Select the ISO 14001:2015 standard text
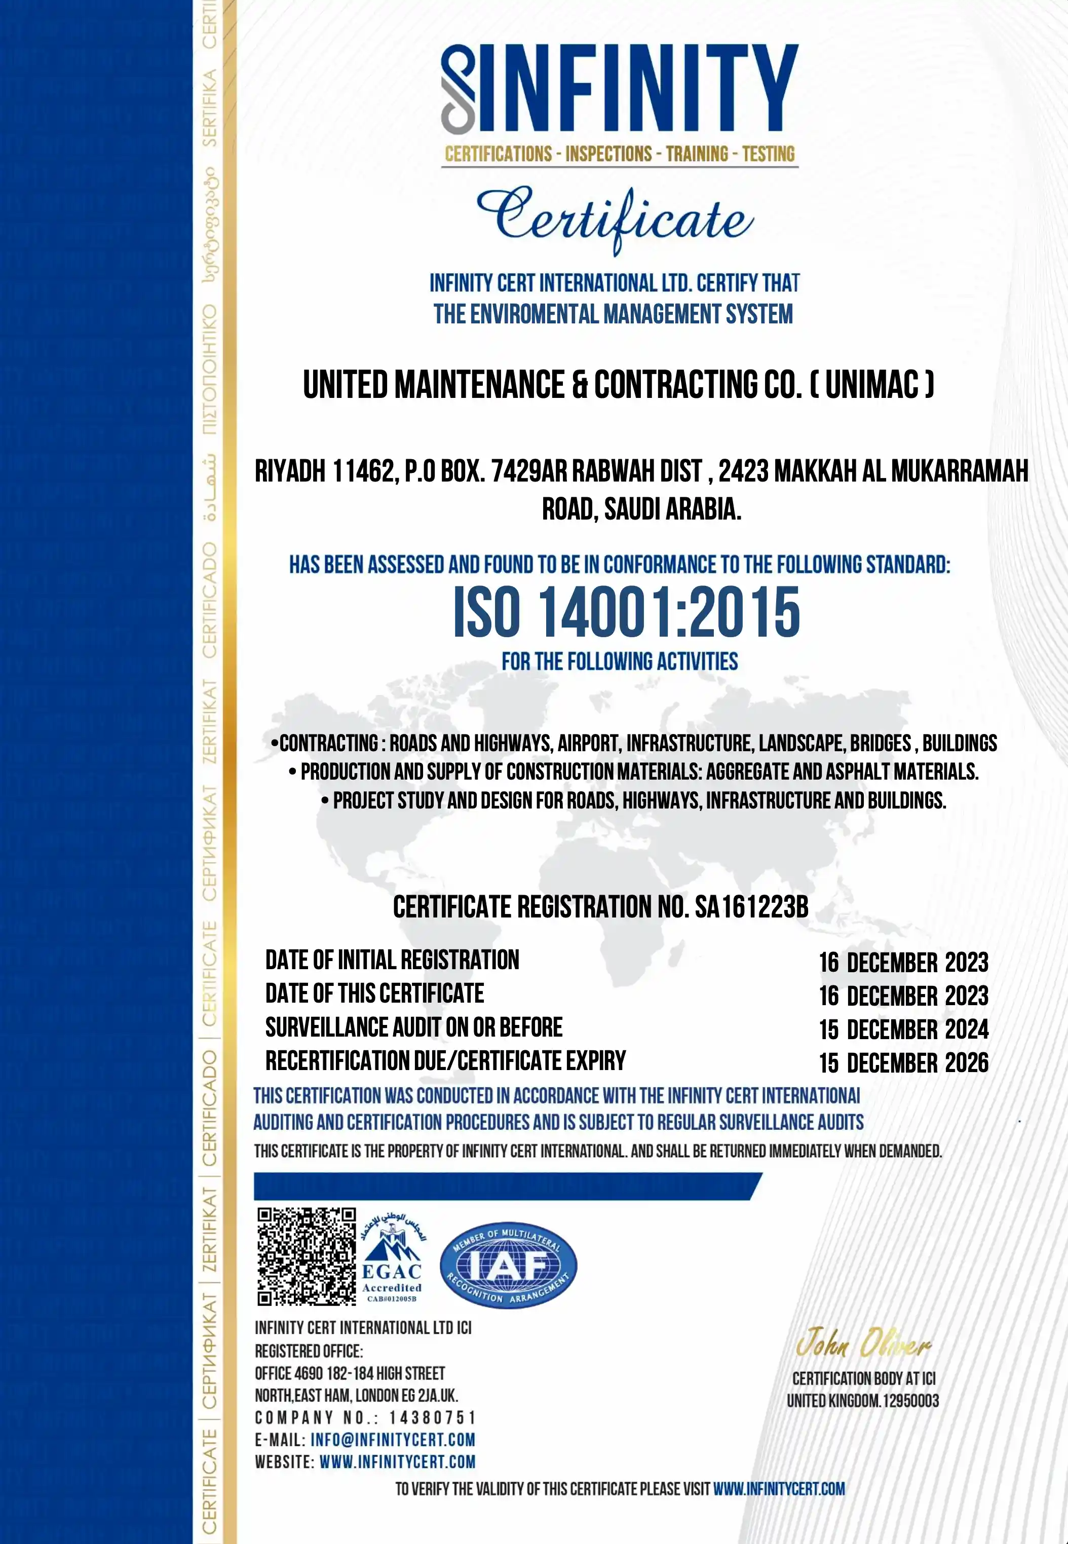pos(626,612)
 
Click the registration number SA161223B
pos(751,907)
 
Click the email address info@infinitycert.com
pos(393,1440)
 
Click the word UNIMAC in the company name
pos(872,385)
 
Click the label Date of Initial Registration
pos(392,960)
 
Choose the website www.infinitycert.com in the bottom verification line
pos(779,1490)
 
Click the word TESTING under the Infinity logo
pos(768,155)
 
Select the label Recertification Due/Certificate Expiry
pos(445,1060)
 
